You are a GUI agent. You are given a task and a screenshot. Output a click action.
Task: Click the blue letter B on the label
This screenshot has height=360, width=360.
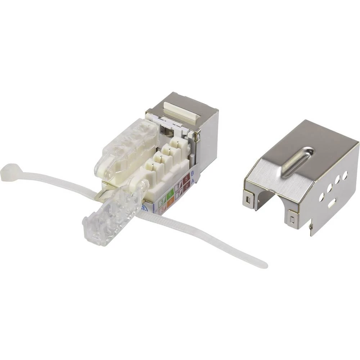click(192, 173)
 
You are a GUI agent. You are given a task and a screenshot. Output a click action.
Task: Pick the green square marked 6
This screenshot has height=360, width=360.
click(170, 194)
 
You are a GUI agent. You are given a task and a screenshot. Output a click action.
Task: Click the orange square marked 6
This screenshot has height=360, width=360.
click(170, 203)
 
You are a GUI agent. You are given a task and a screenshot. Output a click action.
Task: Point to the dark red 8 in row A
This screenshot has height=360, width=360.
click(186, 187)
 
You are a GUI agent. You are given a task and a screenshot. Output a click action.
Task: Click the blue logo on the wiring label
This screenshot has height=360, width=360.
click(145, 208)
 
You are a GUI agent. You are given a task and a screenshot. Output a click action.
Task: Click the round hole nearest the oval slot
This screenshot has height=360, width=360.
click(321, 197)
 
